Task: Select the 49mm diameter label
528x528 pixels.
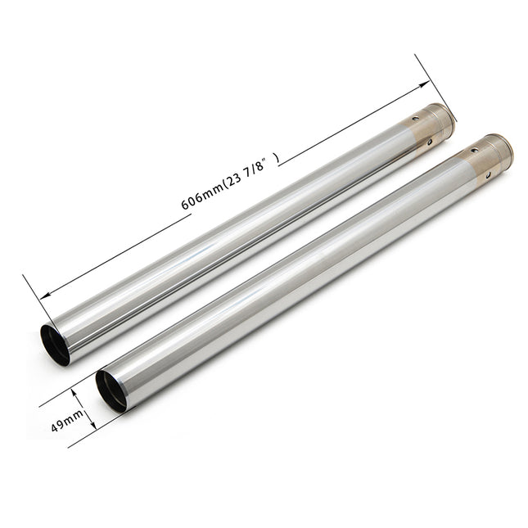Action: coord(67,421)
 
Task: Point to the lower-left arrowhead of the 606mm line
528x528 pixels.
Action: coord(46,296)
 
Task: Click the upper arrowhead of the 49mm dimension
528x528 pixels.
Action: coord(76,394)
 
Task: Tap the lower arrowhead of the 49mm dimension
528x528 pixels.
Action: coord(93,425)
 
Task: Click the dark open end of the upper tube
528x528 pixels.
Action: coord(54,345)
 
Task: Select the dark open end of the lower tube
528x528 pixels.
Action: coord(111,391)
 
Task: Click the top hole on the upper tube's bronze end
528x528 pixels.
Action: coord(416,118)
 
